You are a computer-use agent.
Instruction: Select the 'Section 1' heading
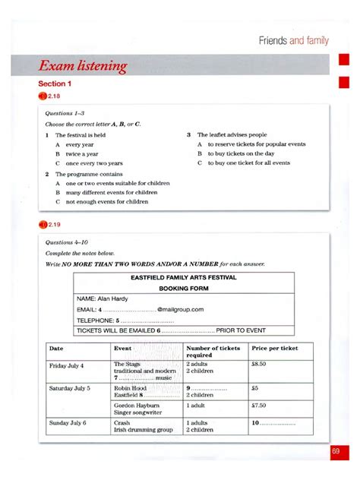pos(55,84)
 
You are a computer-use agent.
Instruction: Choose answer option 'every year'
pos(81,144)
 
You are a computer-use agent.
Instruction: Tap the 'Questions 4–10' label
pos(65,243)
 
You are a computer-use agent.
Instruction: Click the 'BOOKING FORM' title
pos(183,289)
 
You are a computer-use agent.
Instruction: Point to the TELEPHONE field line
pos(114,321)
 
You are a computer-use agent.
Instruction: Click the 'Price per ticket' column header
pos(274,348)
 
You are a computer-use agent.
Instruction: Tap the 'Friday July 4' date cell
pos(67,365)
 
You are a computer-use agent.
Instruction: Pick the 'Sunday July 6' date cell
pos(68,422)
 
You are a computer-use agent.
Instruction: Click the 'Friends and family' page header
pos(294,40)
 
